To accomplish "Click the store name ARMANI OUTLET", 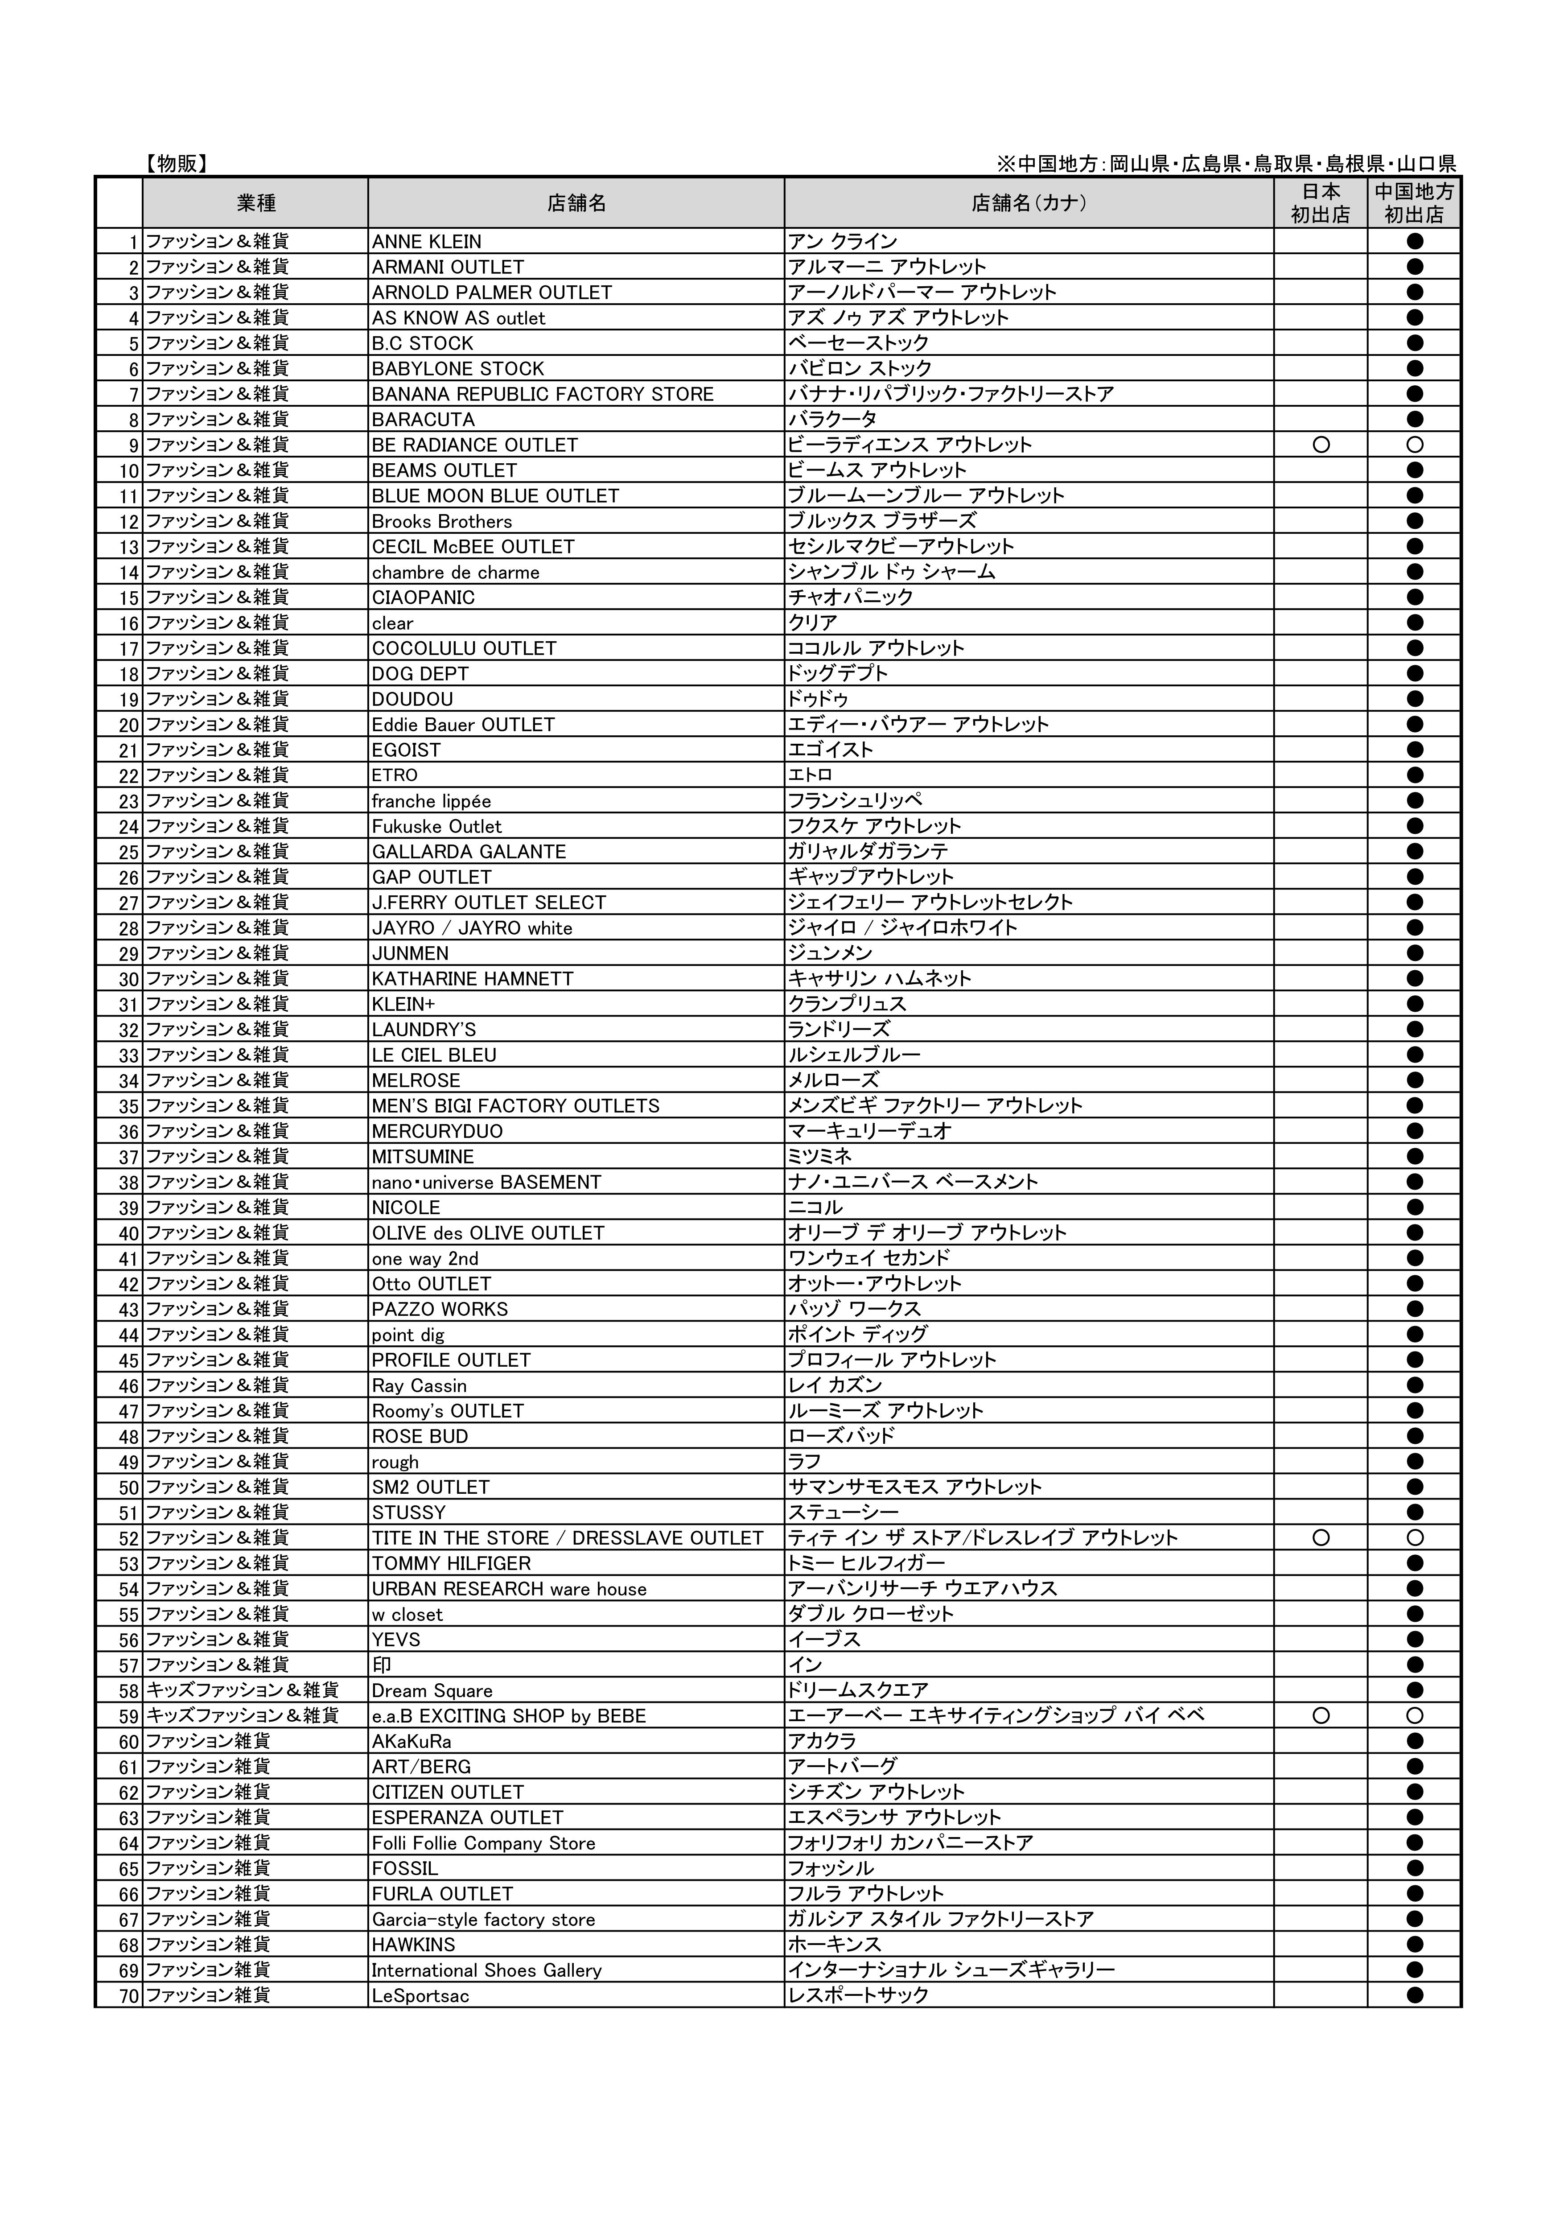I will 448,267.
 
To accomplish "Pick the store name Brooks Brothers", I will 442,521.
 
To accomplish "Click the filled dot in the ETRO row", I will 1415,775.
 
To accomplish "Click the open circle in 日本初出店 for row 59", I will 1321,1716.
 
